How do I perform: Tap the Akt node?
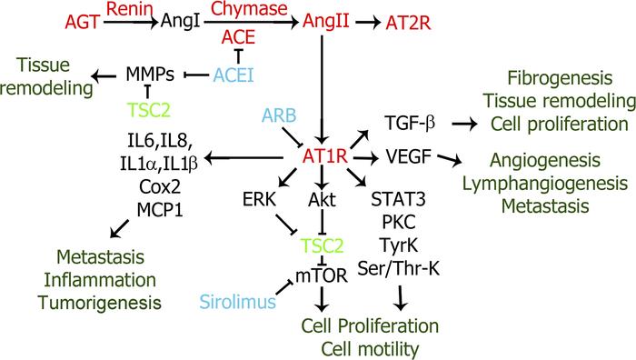316,198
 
